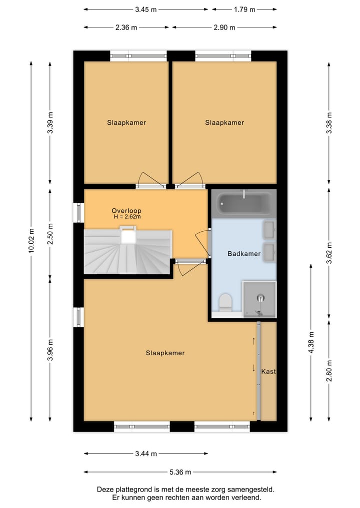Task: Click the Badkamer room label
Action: (244, 254)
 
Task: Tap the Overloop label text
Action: (126, 211)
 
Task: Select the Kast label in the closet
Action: (268, 371)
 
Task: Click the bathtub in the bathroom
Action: (244, 203)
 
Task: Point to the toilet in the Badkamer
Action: (225, 302)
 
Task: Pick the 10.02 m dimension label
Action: (31, 240)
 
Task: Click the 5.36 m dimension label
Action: (180, 472)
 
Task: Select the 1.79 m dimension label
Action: (244, 9)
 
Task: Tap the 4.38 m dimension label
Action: (311, 342)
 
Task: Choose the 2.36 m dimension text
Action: (126, 27)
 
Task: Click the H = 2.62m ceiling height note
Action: (127, 217)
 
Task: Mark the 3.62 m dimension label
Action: (329, 253)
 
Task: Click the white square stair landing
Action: (128, 237)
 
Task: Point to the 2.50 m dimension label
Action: (50, 234)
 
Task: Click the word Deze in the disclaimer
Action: (105, 490)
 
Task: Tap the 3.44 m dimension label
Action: (146, 454)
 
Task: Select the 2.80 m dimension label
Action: (329, 371)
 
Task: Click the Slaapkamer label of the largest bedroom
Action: (165, 353)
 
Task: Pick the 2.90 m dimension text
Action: (224, 27)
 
